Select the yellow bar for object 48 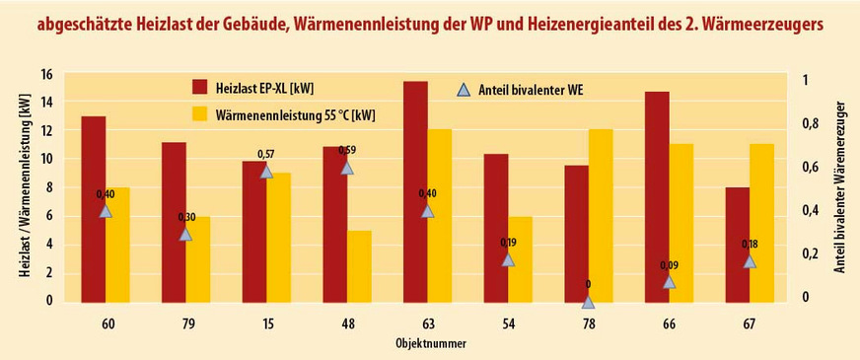click(x=360, y=265)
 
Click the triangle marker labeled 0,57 click(x=265, y=171)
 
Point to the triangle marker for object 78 click(x=588, y=302)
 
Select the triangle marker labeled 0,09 click(x=670, y=281)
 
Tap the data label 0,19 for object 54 click(x=508, y=243)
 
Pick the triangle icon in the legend click(x=464, y=89)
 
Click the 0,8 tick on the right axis click(x=810, y=124)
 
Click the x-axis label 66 click(x=669, y=324)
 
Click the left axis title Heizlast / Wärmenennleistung click(x=24, y=187)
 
